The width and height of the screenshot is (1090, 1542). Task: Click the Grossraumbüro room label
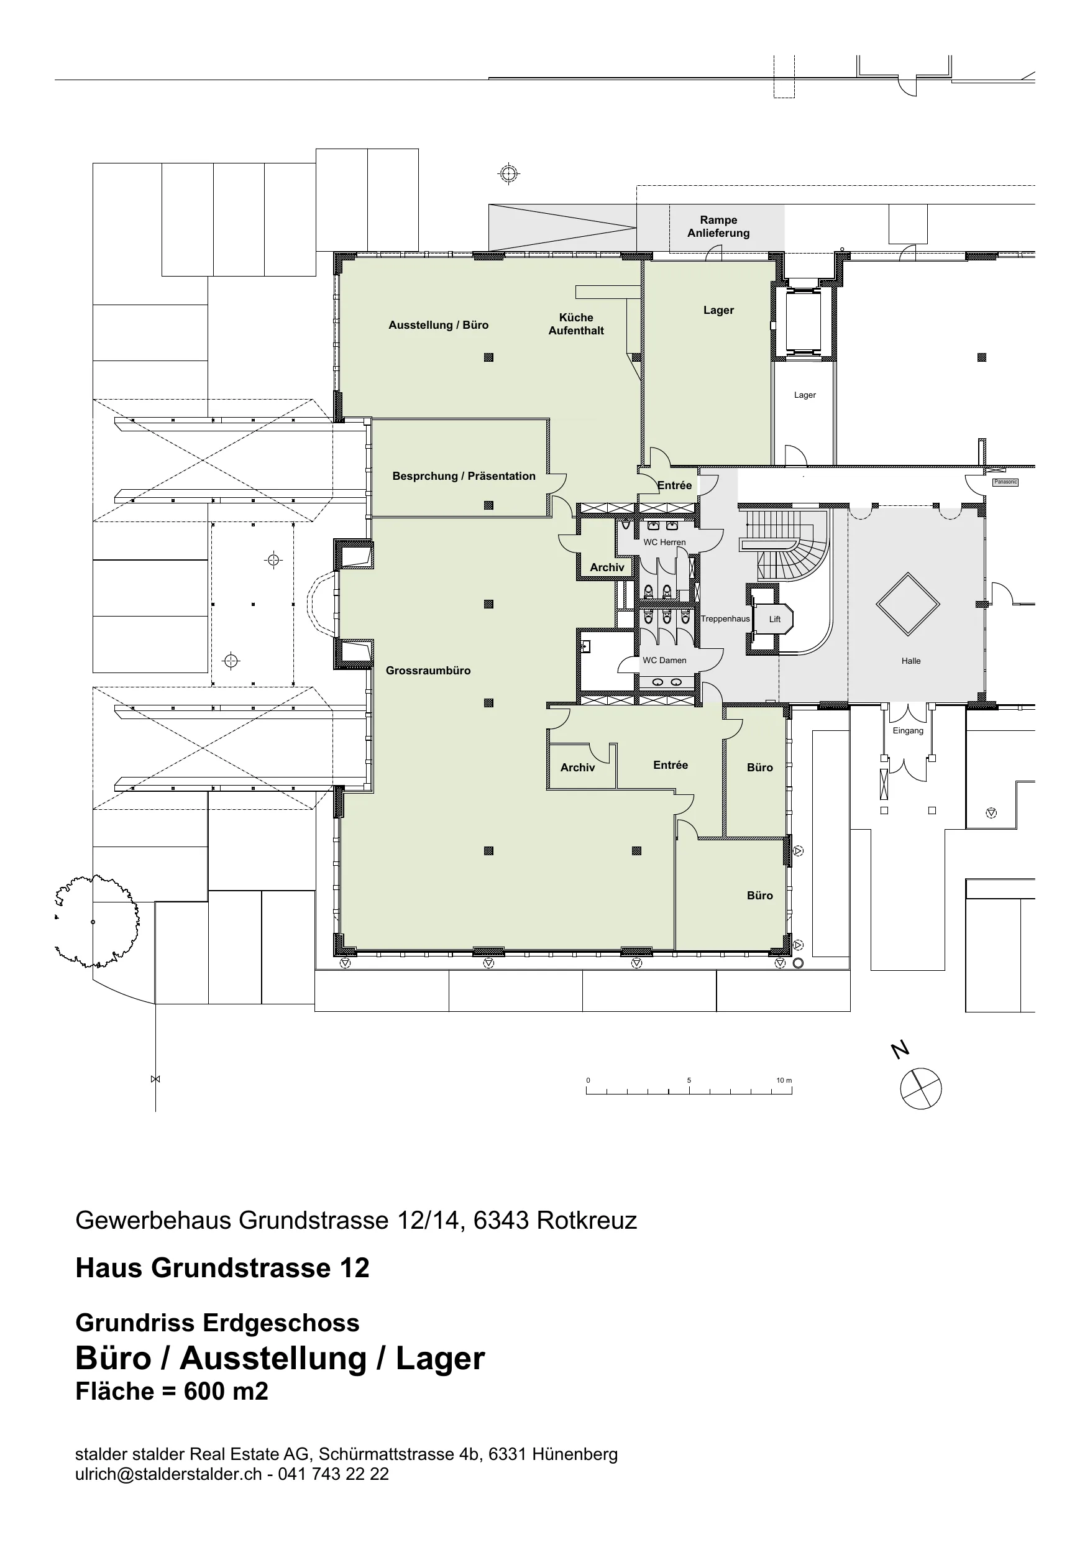[428, 670]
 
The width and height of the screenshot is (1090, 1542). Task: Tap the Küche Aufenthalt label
[576, 324]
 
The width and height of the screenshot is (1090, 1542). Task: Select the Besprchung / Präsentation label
[464, 476]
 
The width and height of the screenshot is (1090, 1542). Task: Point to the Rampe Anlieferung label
[718, 226]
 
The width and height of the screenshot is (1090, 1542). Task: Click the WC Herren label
[664, 542]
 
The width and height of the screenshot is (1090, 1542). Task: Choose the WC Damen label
[664, 660]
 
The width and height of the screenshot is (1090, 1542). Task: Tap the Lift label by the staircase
[775, 619]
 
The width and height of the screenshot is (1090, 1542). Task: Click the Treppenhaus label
[725, 619]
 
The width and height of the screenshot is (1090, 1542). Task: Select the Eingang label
[908, 731]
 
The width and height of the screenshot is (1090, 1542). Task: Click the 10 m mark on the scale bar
[784, 1080]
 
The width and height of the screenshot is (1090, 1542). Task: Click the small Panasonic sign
[1005, 482]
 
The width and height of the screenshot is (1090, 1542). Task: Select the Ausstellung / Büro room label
[439, 325]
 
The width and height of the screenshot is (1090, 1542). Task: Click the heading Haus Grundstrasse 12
[222, 1268]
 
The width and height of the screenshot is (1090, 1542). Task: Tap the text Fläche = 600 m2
[172, 1391]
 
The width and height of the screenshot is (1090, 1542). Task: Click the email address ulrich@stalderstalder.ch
[168, 1474]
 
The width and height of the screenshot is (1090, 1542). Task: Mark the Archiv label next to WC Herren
[607, 567]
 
